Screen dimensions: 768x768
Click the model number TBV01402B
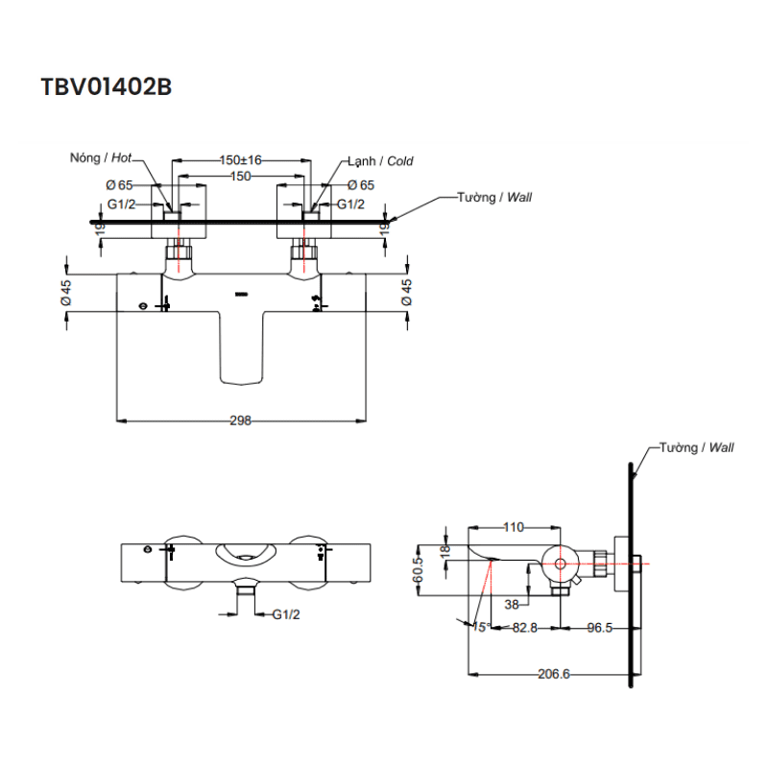106,86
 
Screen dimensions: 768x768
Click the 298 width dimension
241,420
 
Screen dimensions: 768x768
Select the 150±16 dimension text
241,160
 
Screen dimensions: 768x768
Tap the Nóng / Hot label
101,158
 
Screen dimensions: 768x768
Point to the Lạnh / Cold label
381,161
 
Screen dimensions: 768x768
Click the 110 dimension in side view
514,527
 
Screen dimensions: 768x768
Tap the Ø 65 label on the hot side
120,184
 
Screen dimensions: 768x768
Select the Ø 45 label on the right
406,293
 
